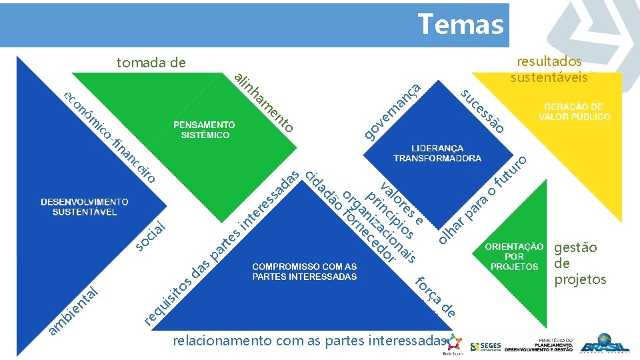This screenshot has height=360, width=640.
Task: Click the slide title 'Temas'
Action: click(x=460, y=25)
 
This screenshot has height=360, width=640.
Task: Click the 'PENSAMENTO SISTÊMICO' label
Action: click(x=204, y=130)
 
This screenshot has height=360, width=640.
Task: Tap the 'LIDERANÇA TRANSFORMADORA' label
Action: click(x=437, y=153)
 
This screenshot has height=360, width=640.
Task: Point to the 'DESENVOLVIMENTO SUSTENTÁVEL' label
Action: click(x=85, y=207)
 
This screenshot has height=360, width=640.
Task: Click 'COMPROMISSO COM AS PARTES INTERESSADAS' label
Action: click(x=304, y=271)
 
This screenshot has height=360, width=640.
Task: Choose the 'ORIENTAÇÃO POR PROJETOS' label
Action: click(x=514, y=256)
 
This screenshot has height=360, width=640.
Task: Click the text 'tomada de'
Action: click(x=151, y=63)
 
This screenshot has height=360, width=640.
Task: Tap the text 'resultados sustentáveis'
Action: click(x=549, y=69)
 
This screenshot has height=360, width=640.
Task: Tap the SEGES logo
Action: click(x=484, y=347)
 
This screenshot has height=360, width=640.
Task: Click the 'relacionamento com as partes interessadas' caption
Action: click(x=307, y=341)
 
